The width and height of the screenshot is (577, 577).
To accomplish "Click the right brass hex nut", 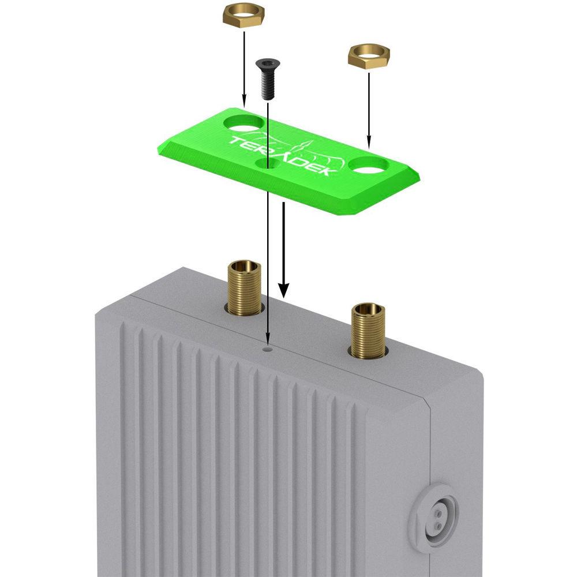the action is (x=369, y=57).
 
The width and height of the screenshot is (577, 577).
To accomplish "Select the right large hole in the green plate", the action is (x=369, y=165).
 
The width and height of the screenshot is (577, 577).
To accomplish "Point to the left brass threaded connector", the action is (x=244, y=288).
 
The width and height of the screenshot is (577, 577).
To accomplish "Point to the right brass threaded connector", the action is (x=368, y=331).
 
